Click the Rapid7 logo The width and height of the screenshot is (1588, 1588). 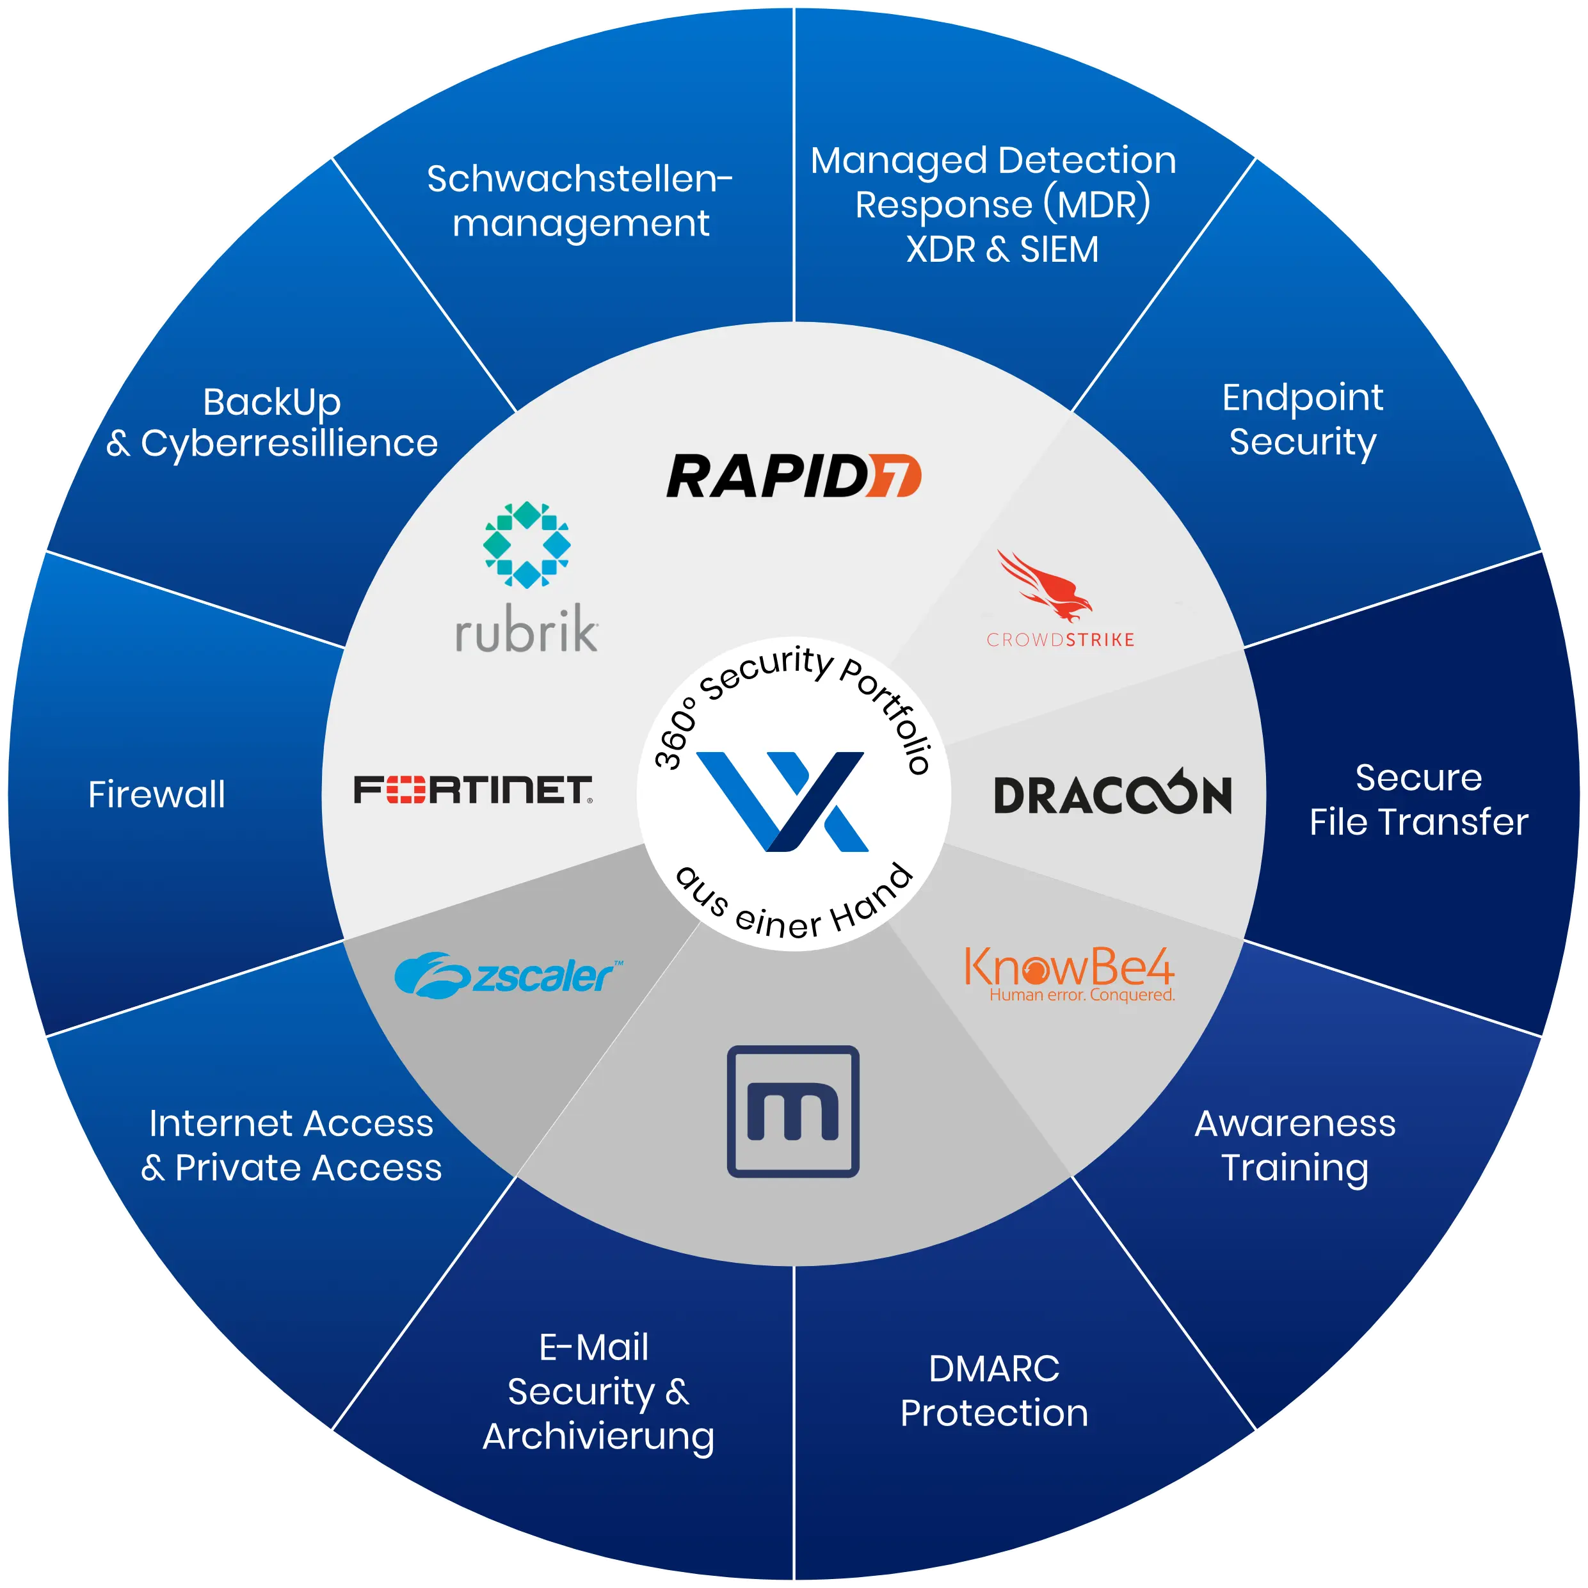point(793,476)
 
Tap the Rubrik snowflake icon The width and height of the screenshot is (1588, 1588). point(527,544)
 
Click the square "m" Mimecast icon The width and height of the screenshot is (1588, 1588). point(793,1111)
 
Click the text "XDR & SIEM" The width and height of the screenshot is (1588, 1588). point(1002,250)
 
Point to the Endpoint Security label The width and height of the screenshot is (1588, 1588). point(1302,419)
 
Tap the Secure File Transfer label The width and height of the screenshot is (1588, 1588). point(1418,799)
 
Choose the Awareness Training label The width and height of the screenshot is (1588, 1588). point(1295,1145)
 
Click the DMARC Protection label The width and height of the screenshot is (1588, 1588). point(994,1391)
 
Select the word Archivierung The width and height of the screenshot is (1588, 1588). point(598,1436)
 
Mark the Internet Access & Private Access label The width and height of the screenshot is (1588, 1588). point(291,1145)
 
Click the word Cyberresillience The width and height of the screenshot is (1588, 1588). point(289,444)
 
